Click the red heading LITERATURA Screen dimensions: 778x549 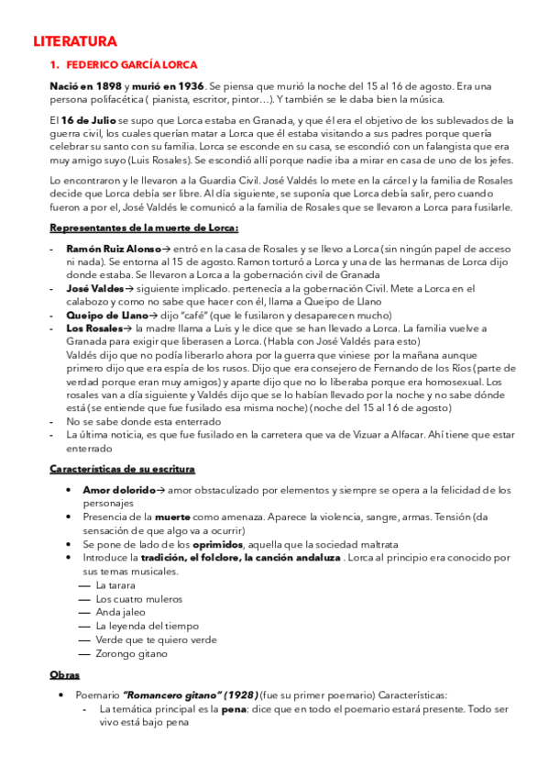pos(75,41)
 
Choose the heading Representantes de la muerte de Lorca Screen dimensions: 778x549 pos(143,228)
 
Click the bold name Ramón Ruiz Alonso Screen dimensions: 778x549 pos(114,249)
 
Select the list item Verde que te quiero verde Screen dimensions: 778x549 pos(156,639)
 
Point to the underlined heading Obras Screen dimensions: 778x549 pos(64,674)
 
